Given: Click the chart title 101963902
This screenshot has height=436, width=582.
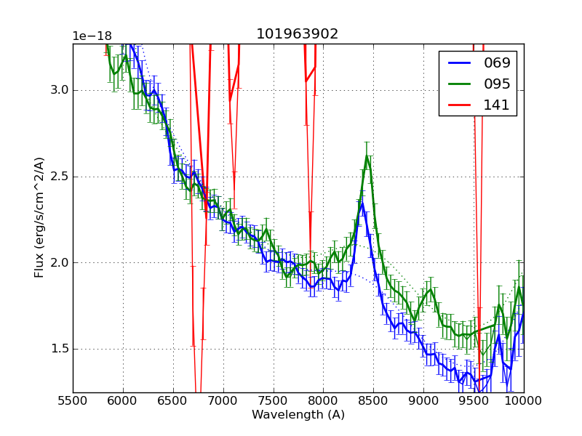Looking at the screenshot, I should (x=297, y=34).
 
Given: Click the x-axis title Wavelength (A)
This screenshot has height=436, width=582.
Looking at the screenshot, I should (x=298, y=415).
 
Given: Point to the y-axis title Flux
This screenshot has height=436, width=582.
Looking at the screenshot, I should (x=40, y=218).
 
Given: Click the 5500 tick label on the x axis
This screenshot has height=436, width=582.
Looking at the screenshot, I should (x=73, y=401).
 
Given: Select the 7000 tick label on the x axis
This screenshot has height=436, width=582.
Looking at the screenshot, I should (x=223, y=401).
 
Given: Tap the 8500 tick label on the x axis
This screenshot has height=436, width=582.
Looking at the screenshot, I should (x=373, y=401).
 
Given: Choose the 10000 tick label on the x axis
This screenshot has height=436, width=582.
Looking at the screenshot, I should (x=524, y=401).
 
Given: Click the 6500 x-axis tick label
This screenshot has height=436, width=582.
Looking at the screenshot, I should (x=173, y=401).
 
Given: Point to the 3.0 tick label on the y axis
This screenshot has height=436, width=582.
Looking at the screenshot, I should (x=57, y=90).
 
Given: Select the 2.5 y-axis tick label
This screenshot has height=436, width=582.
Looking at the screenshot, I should (x=57, y=177).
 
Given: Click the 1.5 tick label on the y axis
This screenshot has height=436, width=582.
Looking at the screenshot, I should (x=57, y=349).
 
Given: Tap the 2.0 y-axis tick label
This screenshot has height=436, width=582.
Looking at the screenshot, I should (x=57, y=262).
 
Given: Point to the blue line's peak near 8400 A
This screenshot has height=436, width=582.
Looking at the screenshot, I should (x=362, y=203).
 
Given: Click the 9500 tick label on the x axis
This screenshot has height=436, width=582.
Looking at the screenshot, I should (x=474, y=401).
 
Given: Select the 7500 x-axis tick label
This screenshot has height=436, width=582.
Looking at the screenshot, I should (x=274, y=401).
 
